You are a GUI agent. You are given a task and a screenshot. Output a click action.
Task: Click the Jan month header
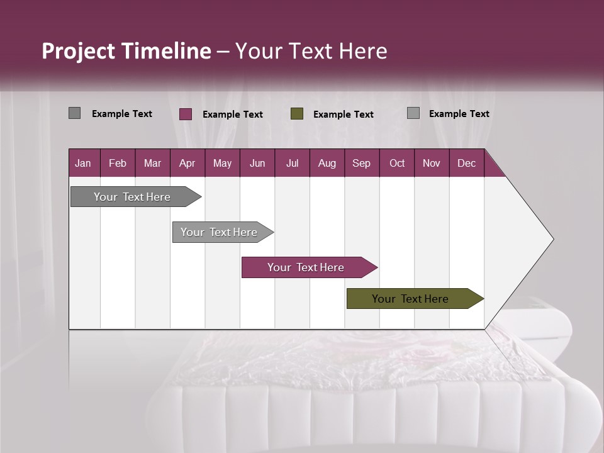coord(83,164)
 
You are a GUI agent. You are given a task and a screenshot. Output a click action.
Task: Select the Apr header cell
coord(187,164)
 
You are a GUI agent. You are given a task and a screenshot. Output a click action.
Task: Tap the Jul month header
coord(292,164)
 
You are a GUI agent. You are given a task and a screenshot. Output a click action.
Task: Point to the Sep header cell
coord(361,164)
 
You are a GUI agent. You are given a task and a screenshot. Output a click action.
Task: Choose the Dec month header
coord(466,164)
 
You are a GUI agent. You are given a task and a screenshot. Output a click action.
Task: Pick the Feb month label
coord(118,164)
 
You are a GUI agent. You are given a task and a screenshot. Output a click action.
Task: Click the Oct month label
coord(397,164)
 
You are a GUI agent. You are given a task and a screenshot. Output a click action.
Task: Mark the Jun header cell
coord(257,164)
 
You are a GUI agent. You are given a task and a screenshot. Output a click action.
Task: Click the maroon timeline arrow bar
coord(306,267)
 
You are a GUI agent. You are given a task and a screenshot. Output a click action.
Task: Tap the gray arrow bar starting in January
coord(133,197)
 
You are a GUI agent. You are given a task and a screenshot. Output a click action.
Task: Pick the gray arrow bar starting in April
coord(220,232)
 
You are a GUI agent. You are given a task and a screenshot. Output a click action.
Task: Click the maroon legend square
coord(186,114)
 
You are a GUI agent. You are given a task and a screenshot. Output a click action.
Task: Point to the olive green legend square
coord(297,114)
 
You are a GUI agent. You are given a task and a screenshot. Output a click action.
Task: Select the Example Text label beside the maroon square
coord(233,115)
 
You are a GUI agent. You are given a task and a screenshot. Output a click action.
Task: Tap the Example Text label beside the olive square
coord(344,115)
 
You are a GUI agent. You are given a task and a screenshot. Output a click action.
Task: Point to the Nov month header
coord(432,164)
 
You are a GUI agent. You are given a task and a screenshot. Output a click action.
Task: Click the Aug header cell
coord(327,164)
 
